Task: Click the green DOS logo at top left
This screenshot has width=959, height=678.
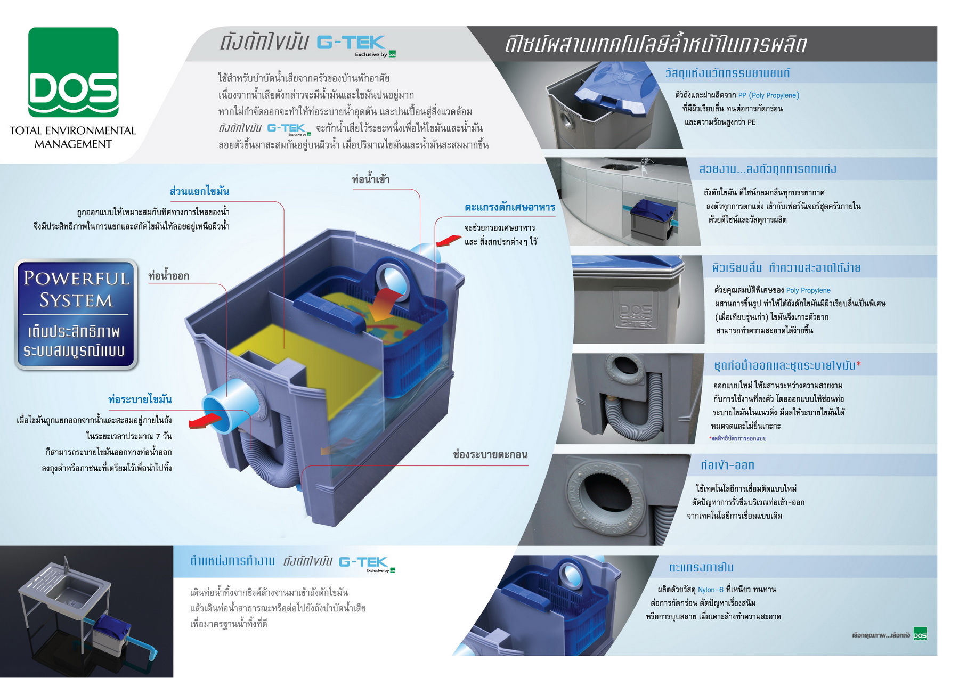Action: (74, 72)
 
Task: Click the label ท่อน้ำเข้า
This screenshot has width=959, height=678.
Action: (371, 179)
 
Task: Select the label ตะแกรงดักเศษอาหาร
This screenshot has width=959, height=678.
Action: (510, 207)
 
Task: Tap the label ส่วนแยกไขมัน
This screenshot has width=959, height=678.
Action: (199, 191)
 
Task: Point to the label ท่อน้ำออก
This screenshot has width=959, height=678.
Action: (168, 276)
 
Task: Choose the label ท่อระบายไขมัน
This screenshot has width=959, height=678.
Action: (140, 399)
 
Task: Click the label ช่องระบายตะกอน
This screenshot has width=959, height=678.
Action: (490, 454)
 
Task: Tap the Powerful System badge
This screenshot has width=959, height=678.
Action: (76, 314)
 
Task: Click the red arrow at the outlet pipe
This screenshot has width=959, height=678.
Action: (205, 421)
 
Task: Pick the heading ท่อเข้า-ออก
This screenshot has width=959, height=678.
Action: (727, 465)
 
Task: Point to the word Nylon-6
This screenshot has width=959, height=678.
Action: (711, 590)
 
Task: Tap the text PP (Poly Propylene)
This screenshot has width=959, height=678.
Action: (768, 95)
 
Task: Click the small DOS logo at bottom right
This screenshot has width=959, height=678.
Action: (920, 634)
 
